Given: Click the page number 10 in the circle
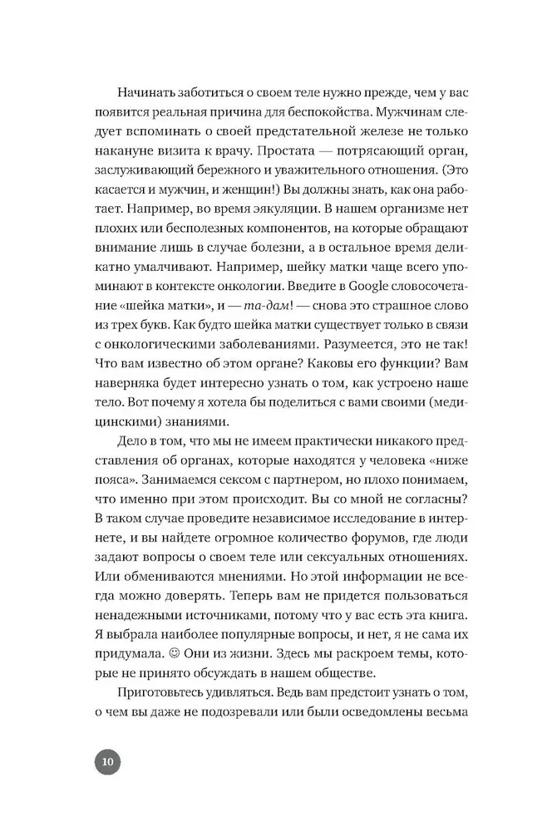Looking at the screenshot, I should pyautogui.click(x=107, y=761).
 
